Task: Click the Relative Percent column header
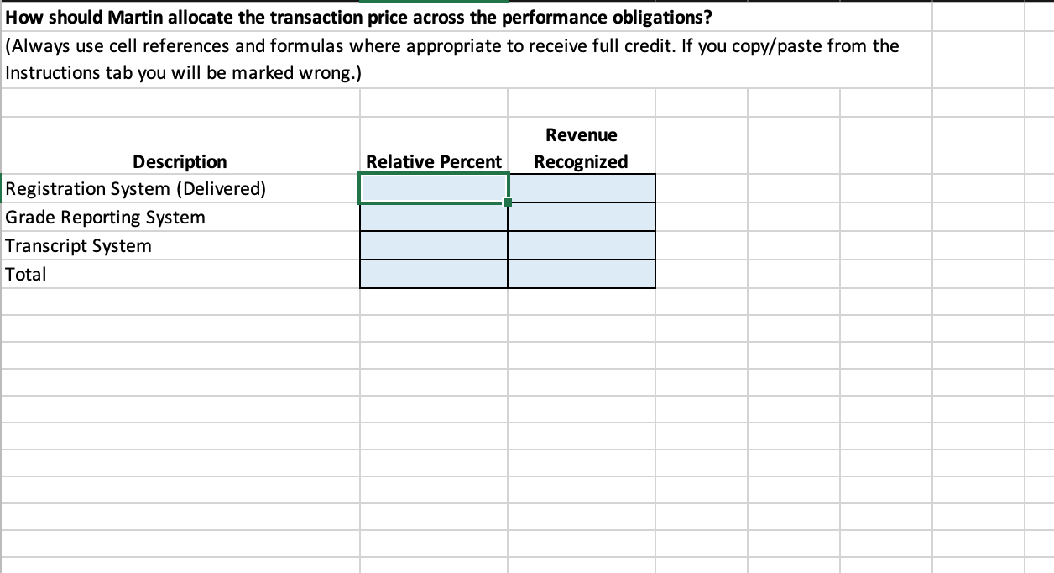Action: click(x=434, y=161)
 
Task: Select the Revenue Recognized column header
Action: click(x=581, y=148)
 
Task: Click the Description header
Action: click(x=180, y=161)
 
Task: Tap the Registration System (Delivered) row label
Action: click(x=136, y=189)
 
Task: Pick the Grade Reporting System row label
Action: click(x=105, y=218)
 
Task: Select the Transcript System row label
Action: click(x=78, y=246)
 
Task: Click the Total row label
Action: click(x=26, y=275)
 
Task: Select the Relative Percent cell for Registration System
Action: click(x=434, y=188)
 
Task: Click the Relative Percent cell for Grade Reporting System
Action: click(x=434, y=217)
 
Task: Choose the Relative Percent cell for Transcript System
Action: click(x=434, y=245)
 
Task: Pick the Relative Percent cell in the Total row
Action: click(x=434, y=274)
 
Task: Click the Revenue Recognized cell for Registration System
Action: click(x=582, y=188)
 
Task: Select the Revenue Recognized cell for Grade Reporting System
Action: click(x=582, y=217)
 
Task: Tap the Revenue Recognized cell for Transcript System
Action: click(x=582, y=245)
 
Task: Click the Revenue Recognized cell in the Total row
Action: click(x=582, y=274)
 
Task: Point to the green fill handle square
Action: click(x=508, y=202)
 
